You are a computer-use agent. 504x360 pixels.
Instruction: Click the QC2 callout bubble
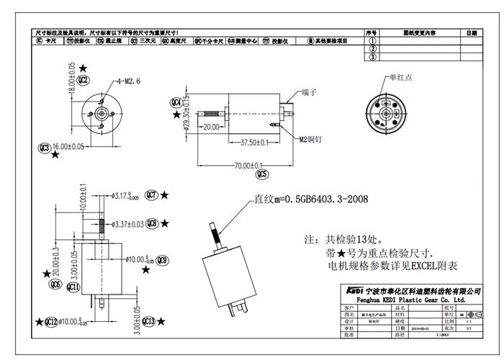[84, 79]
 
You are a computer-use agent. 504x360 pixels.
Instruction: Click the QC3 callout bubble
[45, 148]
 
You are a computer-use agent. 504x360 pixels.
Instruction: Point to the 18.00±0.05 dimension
[71, 75]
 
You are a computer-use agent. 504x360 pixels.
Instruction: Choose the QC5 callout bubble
[261, 174]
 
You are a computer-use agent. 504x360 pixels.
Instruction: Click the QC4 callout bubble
[176, 102]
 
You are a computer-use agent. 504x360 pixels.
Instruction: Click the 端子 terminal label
[311, 92]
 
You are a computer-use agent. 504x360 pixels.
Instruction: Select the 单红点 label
[402, 76]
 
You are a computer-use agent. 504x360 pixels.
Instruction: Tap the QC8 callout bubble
[152, 224]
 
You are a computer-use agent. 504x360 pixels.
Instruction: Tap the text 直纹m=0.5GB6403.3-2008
[310, 200]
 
